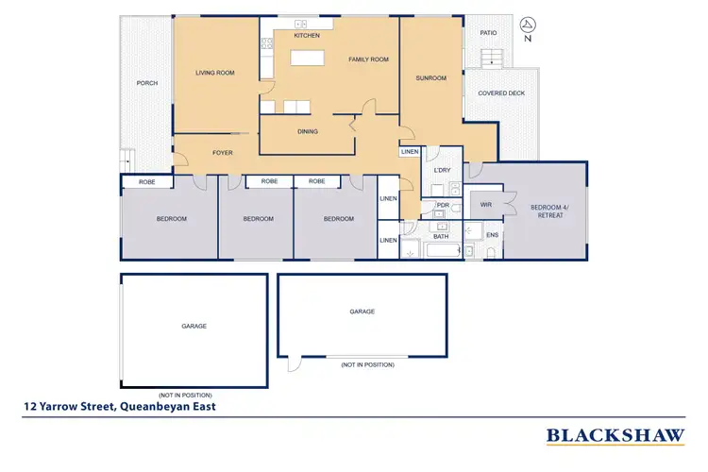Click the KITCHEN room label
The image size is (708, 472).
pyautogui.click(x=307, y=36)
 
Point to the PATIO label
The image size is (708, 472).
pyautogui.click(x=488, y=32)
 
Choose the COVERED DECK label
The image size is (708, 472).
pyautogui.click(x=501, y=93)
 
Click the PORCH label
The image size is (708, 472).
pyautogui.click(x=146, y=83)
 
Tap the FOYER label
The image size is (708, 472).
pyautogui.click(x=222, y=152)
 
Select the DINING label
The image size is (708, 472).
pyautogui.click(x=307, y=131)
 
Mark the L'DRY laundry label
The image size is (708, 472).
pyautogui.click(x=441, y=170)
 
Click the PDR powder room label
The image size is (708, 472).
pyautogui.click(x=442, y=205)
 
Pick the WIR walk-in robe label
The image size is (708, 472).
pyautogui.click(x=485, y=204)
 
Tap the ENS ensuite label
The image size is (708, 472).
pyautogui.click(x=492, y=235)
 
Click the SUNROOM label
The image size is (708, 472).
pyautogui.click(x=430, y=78)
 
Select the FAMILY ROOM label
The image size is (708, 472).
pyautogui.click(x=368, y=59)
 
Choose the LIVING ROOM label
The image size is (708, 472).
pyautogui.click(x=214, y=73)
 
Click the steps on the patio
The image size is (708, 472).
pyautogui.click(x=491, y=58)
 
